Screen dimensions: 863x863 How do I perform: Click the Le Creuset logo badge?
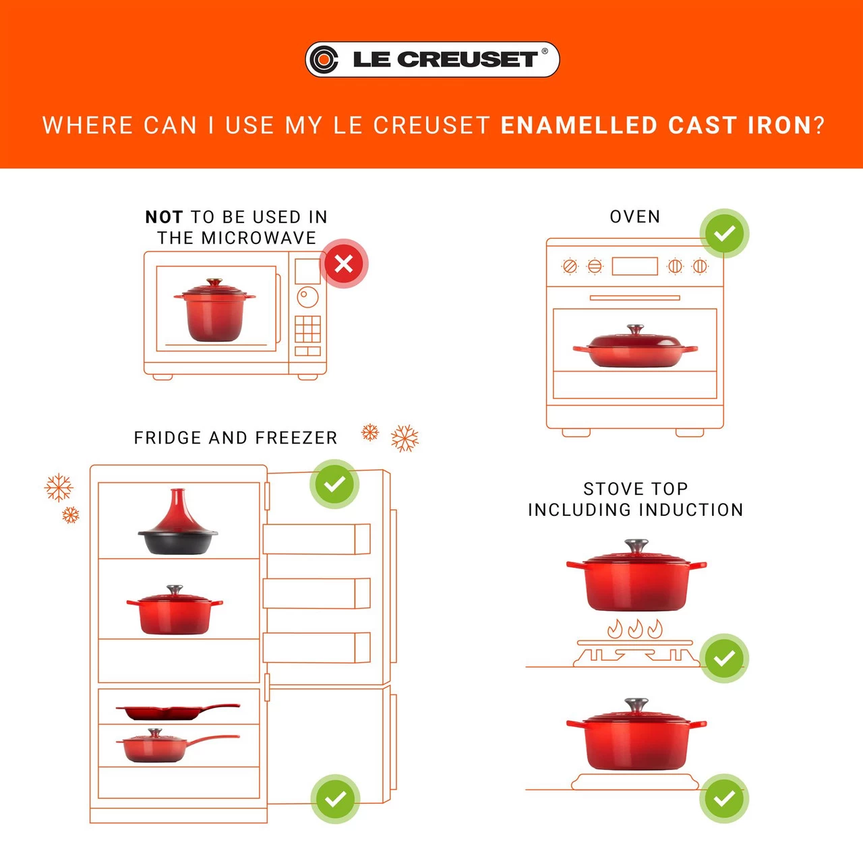[432, 59]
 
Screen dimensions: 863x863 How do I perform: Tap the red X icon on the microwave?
[344, 264]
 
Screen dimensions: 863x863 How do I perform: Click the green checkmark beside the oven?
[724, 233]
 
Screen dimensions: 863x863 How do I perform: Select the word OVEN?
[634, 216]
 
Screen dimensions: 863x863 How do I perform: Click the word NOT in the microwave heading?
[164, 217]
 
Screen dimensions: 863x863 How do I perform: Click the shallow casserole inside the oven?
[634, 349]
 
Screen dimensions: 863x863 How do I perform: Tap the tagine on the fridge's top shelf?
[177, 526]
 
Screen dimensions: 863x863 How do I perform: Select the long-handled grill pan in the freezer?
[177, 711]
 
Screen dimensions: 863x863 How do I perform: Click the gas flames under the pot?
[634, 629]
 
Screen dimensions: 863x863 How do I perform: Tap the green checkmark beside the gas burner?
[724, 658]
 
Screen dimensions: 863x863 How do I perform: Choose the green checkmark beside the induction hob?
[724, 798]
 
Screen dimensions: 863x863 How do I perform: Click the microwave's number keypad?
[307, 329]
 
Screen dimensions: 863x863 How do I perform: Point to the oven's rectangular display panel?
[634, 266]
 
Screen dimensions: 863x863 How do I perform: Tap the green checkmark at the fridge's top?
[334, 484]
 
